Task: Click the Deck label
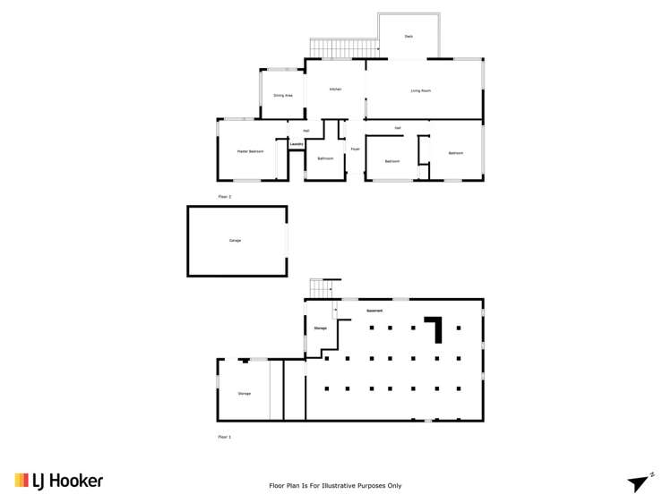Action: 409,36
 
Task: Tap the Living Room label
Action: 421,90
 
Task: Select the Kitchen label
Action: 335,90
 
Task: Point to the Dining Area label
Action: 282,95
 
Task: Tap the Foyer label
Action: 355,149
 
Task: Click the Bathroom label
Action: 325,158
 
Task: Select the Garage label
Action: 235,240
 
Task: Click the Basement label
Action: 374,311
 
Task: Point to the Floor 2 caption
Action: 224,195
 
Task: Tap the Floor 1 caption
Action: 224,437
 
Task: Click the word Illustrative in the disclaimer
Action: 348,486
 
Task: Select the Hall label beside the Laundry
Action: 306,131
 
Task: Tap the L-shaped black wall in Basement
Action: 436,327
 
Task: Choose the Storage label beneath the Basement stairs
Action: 320,328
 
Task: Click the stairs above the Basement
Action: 322,288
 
